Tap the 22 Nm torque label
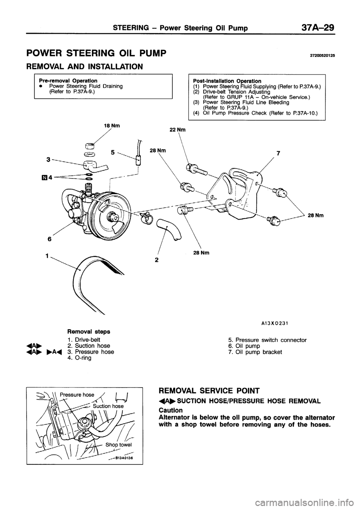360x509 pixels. [177, 130]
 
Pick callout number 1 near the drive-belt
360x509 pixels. [47, 256]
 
